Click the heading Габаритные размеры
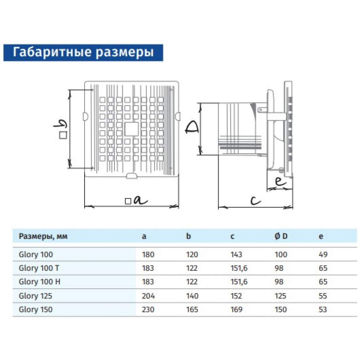click(x=83, y=52)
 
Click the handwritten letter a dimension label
click(x=140, y=200)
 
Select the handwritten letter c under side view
click(x=256, y=201)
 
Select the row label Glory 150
click(x=35, y=309)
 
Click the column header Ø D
click(x=281, y=237)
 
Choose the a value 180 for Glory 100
click(x=148, y=255)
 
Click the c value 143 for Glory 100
click(x=236, y=255)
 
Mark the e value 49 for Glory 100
click(x=323, y=255)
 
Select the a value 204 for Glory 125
click(x=148, y=296)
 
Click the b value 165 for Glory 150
click(x=192, y=309)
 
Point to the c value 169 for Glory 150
click(x=236, y=309)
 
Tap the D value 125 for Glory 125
click(x=281, y=296)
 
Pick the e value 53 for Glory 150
click(x=323, y=309)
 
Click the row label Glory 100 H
click(x=39, y=282)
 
